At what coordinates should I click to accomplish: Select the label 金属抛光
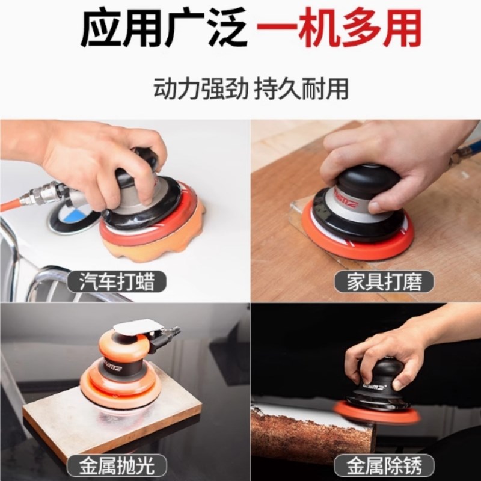pyautogui.click(x=117, y=464)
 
